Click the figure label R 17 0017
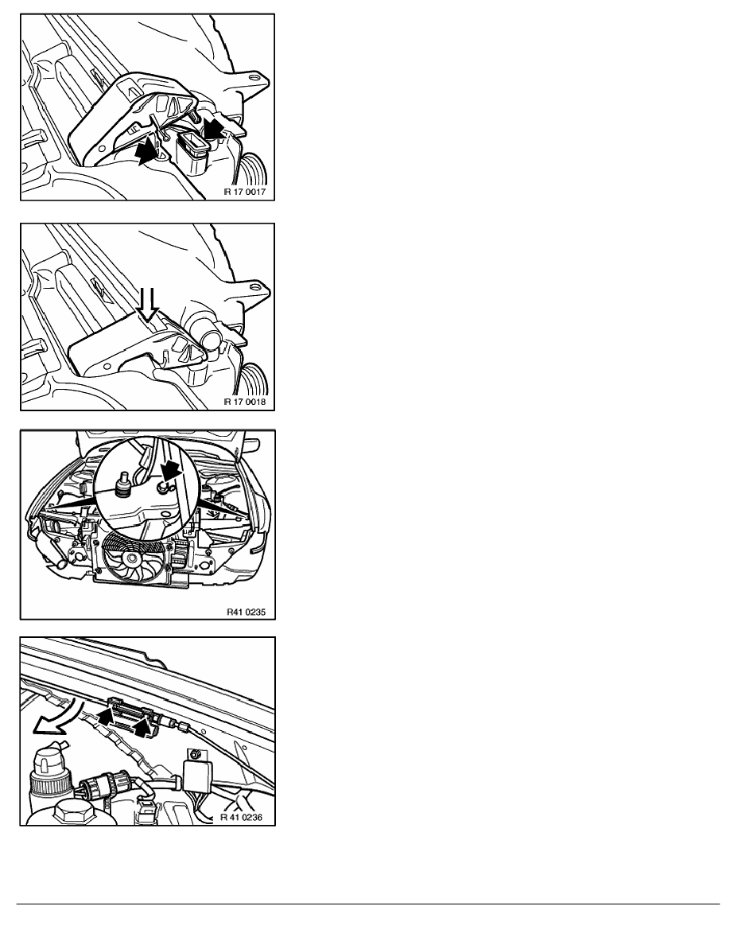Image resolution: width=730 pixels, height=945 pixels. (245, 192)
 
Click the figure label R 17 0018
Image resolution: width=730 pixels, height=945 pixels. (245, 402)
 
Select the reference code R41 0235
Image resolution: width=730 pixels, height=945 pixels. (246, 611)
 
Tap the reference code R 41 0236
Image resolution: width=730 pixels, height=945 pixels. (241, 817)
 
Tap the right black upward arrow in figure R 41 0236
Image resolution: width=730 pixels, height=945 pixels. (142, 727)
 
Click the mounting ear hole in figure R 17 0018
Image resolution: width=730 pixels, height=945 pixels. (258, 286)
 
